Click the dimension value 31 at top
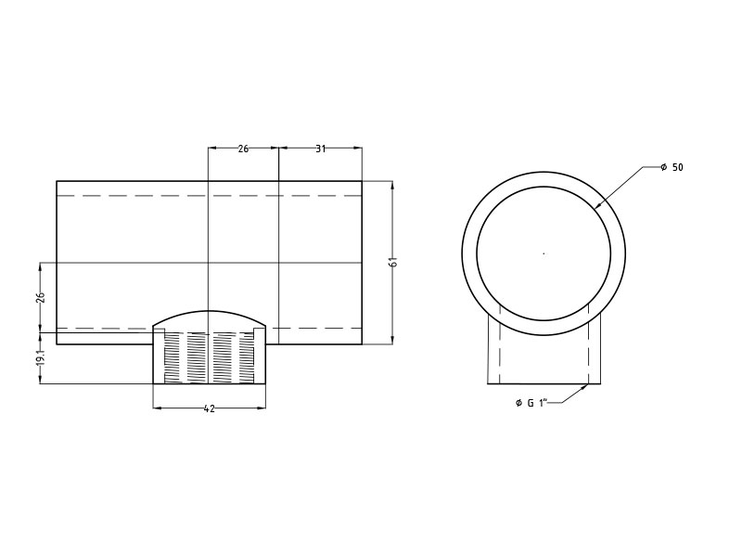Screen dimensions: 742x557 coord(321,149)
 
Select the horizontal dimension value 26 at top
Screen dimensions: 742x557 coord(243,149)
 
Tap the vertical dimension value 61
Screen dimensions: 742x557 coord(393,262)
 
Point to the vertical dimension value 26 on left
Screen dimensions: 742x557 coord(41,297)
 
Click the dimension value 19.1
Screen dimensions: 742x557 coord(41,357)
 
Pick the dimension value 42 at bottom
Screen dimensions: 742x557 coord(210,408)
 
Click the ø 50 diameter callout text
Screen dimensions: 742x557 coord(672,167)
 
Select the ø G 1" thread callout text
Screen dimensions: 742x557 coord(531,403)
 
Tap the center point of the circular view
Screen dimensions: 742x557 coord(544,253)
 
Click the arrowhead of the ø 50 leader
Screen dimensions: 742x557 coord(597,206)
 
